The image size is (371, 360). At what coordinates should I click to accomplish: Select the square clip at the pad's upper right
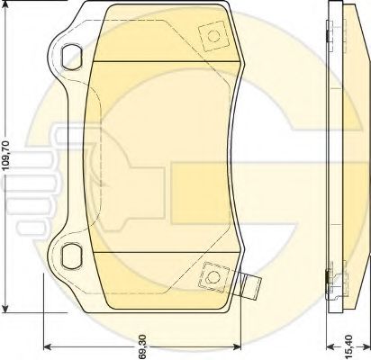215,37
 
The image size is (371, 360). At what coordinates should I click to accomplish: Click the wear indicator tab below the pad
254,289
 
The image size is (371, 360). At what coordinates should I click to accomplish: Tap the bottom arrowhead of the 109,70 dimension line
9,305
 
